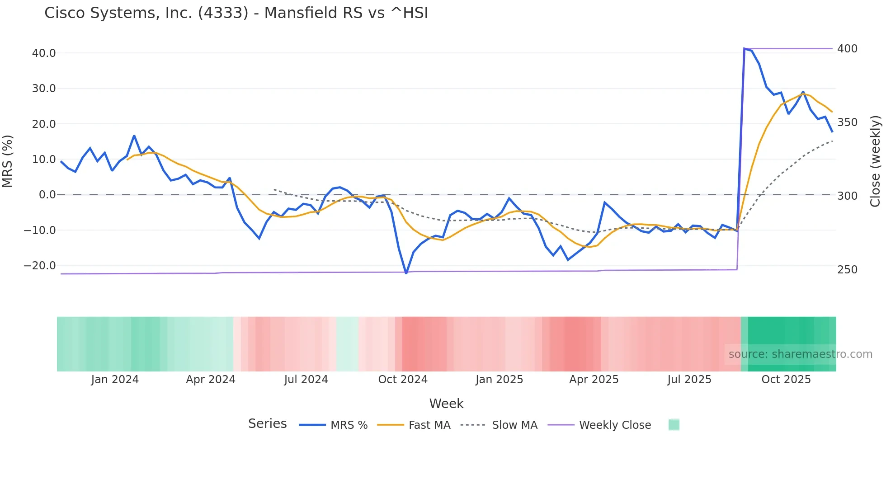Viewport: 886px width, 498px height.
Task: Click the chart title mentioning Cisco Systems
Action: tap(236, 13)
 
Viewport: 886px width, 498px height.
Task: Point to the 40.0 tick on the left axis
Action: tap(44, 53)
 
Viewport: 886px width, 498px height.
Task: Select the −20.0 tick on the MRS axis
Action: tap(40, 266)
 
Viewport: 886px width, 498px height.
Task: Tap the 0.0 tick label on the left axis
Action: tap(47, 195)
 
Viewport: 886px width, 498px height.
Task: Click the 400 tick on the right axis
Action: tap(847, 49)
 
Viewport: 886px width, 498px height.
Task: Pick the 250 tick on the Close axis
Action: tap(847, 270)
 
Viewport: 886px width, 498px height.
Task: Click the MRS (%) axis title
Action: tap(8, 161)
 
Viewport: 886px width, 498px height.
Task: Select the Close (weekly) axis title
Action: tap(875, 161)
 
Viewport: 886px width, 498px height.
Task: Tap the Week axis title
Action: tap(446, 404)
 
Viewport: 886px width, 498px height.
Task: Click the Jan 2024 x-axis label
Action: tap(115, 380)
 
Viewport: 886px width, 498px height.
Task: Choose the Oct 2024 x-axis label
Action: tap(403, 380)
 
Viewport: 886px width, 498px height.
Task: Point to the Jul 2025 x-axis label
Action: tap(689, 380)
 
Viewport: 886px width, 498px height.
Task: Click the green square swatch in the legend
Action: tap(674, 425)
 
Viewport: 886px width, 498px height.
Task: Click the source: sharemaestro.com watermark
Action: tap(800, 354)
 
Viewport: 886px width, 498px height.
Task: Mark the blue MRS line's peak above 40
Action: tap(745, 49)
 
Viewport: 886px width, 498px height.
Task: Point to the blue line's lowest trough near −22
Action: tap(406, 273)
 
